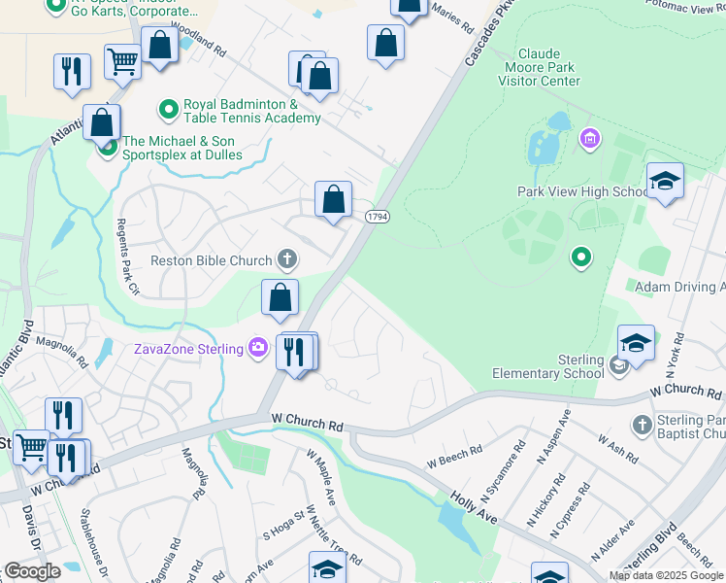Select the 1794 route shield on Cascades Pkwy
(x=378, y=217)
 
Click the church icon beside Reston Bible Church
(x=286, y=259)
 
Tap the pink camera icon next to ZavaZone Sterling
(x=257, y=347)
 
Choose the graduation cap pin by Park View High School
(x=665, y=182)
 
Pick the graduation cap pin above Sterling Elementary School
(x=636, y=343)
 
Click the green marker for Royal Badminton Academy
(x=170, y=106)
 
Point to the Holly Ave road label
(x=474, y=506)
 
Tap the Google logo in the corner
(x=32, y=570)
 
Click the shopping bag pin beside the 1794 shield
(x=333, y=200)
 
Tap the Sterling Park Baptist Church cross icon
(x=641, y=425)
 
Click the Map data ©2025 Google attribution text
(x=666, y=575)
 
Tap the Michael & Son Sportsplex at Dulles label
(x=179, y=148)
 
